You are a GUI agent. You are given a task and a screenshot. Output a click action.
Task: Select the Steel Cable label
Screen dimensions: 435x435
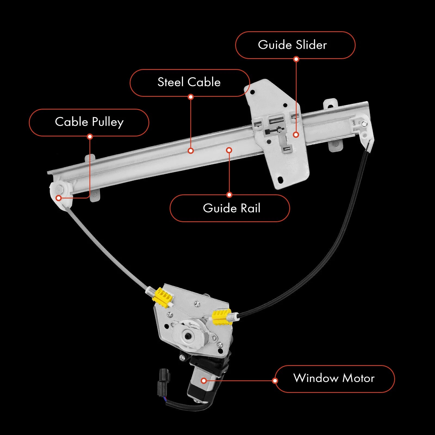click(x=189, y=83)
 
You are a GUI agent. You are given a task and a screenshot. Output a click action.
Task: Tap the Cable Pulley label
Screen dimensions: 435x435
click(x=89, y=122)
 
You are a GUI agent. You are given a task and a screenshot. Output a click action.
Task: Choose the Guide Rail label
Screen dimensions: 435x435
click(x=230, y=208)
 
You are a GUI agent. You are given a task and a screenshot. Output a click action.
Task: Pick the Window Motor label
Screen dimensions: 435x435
click(x=335, y=379)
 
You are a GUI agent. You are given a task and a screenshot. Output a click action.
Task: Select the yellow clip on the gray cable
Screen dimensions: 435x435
click(x=162, y=297)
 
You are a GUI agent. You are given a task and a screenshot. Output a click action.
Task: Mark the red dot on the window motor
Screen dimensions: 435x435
click(x=204, y=381)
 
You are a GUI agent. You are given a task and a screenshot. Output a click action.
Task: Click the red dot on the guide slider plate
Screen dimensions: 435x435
click(x=296, y=135)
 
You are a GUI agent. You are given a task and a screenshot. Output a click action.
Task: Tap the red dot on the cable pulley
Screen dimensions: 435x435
click(x=58, y=198)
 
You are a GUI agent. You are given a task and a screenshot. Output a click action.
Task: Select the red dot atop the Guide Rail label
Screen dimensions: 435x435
click(x=229, y=195)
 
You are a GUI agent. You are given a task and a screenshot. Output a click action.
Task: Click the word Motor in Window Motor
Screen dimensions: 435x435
click(x=358, y=378)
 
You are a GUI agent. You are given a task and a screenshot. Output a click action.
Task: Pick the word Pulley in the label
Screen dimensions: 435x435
click(x=108, y=122)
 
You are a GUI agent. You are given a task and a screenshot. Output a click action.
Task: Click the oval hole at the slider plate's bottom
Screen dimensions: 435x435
click(x=280, y=179)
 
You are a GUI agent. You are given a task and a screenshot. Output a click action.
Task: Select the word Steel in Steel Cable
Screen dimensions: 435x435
click(x=170, y=82)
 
